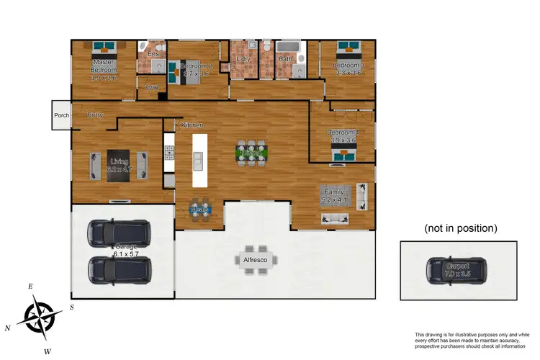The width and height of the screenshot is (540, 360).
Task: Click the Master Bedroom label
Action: [104, 67]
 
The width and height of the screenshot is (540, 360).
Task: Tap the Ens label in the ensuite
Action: [153, 54]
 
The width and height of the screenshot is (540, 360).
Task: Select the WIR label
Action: [151, 88]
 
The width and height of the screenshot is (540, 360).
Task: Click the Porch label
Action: [60, 115]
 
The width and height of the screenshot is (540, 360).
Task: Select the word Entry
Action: [95, 114]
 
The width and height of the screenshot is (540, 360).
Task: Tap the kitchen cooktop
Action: [170, 153]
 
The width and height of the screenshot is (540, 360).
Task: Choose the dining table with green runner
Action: [250, 153]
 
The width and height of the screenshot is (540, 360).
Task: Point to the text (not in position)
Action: [460, 228]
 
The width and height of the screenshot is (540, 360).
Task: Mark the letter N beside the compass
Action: [8, 328]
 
